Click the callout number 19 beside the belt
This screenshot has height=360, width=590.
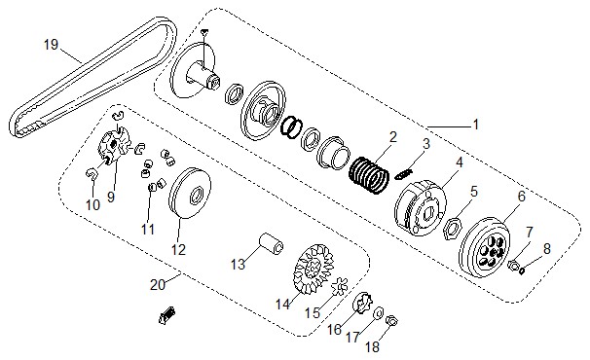52,45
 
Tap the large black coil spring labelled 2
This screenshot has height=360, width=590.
368,175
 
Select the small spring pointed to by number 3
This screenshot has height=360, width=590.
404,174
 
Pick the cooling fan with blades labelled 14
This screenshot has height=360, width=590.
313,269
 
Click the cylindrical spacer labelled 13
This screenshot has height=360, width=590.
271,243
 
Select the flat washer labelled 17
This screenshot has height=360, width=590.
378,312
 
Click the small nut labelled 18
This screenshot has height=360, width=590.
392,321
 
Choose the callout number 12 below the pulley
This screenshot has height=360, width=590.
178,249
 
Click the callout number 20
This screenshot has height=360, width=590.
158,284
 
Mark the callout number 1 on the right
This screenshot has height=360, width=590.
476,125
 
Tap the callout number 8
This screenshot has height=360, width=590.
547,249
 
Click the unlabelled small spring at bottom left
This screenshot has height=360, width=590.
166,314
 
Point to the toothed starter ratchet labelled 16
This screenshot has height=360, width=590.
362,303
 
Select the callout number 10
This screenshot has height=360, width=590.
92,205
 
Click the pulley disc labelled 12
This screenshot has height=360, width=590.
189,194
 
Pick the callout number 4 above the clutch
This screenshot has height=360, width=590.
460,162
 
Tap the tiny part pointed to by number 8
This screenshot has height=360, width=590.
521,270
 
